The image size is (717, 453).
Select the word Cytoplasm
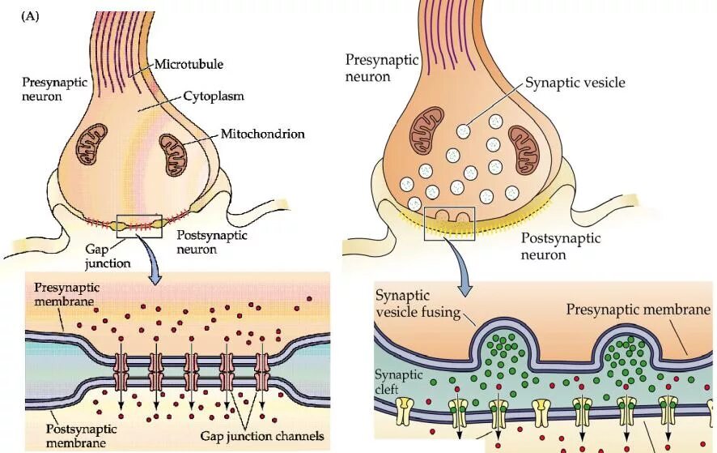pos(214,96)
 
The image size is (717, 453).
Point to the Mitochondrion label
pos(261,133)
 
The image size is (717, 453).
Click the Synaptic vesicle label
pos(575,83)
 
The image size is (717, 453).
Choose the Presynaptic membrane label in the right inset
pos(638,309)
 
